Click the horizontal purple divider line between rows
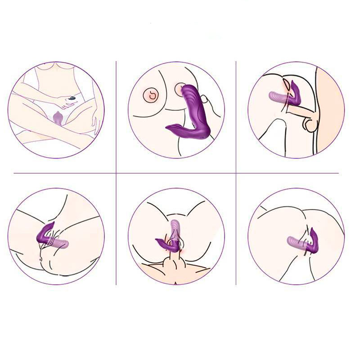click(x=180, y=173)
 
